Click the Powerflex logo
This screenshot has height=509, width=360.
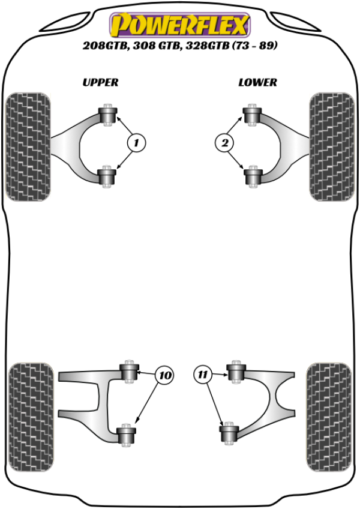[179, 25]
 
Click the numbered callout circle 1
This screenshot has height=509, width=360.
[136, 143]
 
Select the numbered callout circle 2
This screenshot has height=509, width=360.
[224, 143]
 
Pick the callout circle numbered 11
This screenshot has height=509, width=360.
[203, 375]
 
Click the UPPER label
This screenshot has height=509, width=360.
[100, 82]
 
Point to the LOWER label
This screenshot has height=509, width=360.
[257, 82]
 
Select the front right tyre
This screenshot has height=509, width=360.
[329, 146]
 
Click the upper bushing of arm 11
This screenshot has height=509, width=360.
[236, 372]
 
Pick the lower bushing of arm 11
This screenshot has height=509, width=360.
[229, 433]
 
